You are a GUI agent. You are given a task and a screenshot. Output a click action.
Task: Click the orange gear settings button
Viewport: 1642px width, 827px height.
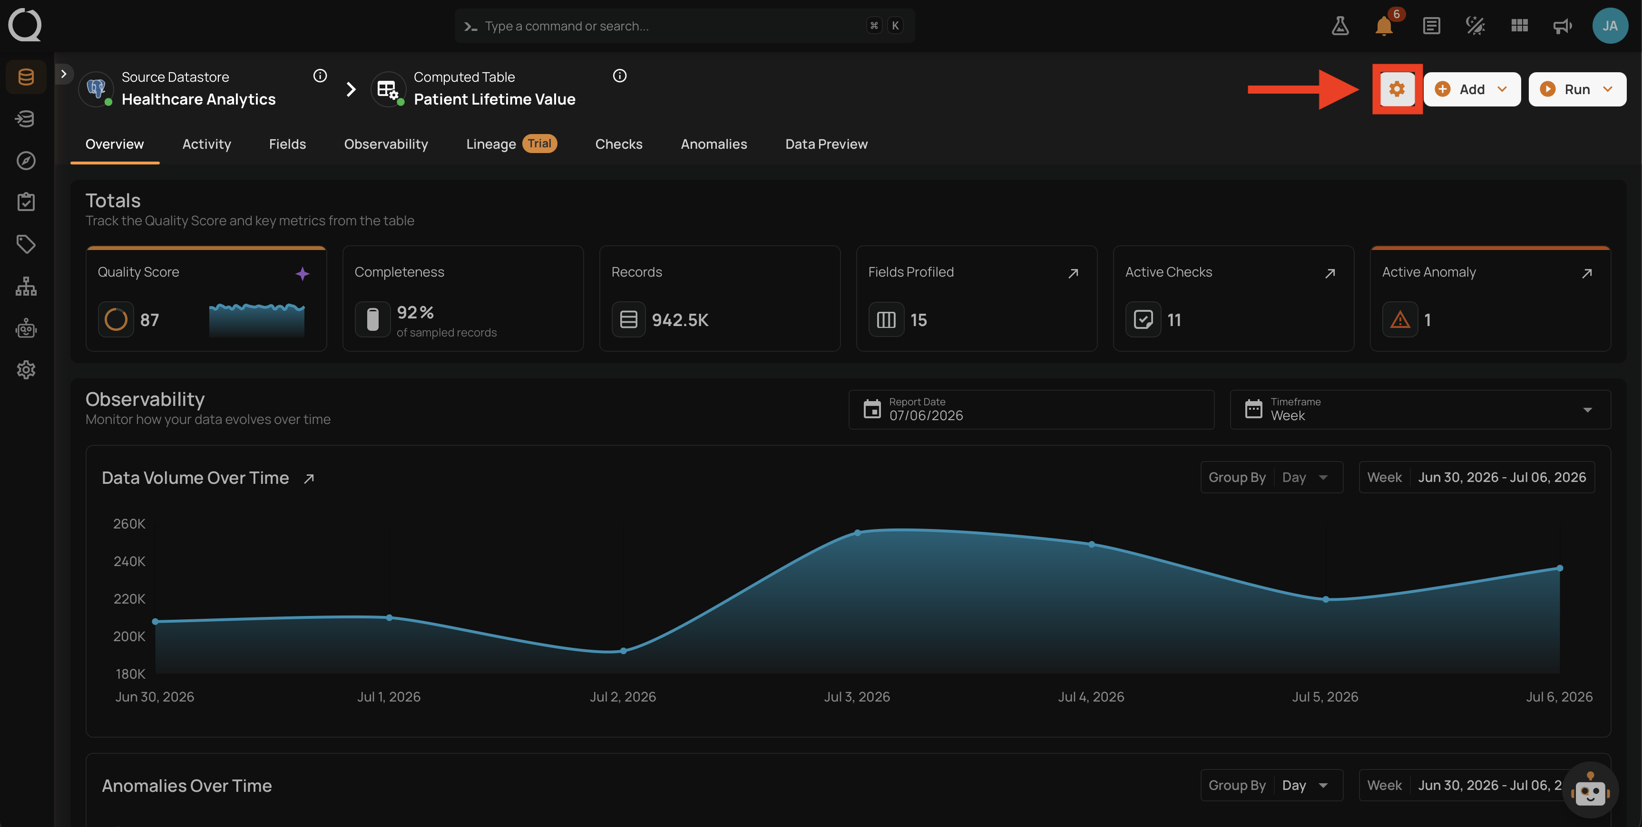coord(1397,89)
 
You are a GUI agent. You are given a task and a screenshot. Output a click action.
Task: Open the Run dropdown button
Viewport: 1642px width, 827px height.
coord(1577,89)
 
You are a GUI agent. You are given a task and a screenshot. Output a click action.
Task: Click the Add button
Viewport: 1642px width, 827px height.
coord(1472,89)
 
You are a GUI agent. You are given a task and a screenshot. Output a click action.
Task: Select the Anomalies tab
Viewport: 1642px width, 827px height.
coord(713,144)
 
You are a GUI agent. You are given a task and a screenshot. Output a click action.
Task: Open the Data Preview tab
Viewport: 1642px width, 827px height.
coord(826,144)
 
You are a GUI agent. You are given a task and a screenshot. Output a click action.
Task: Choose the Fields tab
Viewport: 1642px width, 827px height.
coord(287,144)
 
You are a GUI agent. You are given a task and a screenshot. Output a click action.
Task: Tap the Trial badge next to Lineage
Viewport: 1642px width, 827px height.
coord(539,144)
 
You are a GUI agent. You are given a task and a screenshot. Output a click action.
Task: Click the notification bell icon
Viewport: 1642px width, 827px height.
coord(1383,26)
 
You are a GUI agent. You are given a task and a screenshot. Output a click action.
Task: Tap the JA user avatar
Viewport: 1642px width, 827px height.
coord(1610,26)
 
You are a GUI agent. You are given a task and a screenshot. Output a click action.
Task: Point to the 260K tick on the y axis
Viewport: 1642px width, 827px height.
coord(129,524)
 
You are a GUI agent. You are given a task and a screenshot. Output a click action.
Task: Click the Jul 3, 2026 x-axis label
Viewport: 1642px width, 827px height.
coord(857,696)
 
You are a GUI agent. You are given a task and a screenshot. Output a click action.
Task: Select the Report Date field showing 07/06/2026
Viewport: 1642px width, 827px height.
coord(1031,410)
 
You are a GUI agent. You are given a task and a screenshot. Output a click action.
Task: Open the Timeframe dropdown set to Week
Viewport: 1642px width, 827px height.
coord(1419,410)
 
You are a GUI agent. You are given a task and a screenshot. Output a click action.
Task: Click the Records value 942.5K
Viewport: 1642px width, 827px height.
coord(680,320)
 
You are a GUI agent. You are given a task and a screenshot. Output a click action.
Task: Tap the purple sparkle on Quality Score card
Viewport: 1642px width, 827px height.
coord(302,273)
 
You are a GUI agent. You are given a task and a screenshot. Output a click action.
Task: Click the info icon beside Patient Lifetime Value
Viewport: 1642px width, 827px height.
coord(619,76)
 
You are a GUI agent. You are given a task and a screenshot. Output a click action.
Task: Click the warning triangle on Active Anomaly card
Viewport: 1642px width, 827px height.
coord(1400,319)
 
